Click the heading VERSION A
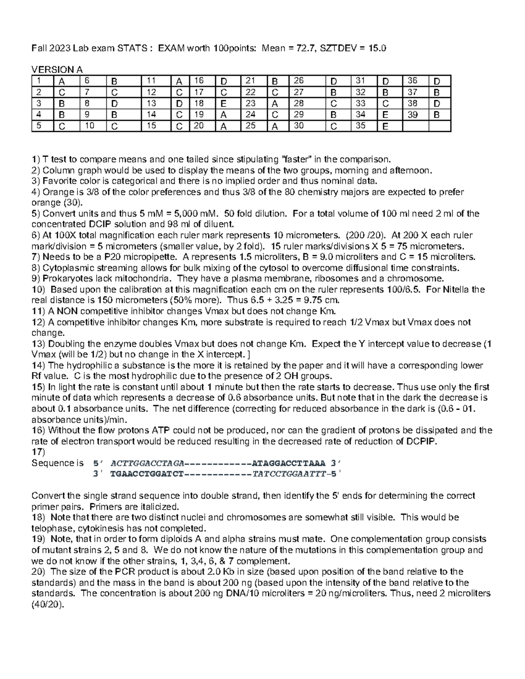pos(57,70)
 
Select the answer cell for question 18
pos(227,104)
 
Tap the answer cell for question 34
pos(390,115)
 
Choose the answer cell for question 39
pos(439,115)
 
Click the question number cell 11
pos(155,81)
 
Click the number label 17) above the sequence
pos(38,452)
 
